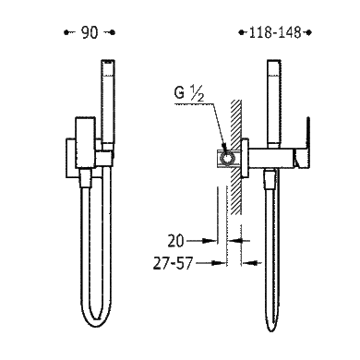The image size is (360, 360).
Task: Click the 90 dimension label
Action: pyautogui.click(x=90, y=32)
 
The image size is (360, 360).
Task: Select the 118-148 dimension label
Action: pyautogui.click(x=275, y=32)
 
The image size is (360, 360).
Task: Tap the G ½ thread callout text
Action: pyautogui.click(x=189, y=93)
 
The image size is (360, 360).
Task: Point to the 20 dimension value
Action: pyautogui.click(x=175, y=241)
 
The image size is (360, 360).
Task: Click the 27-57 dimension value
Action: pyautogui.click(x=173, y=264)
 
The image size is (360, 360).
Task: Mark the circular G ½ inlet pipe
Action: pyautogui.click(x=227, y=159)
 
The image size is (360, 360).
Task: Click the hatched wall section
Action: pyautogui.click(x=236, y=157)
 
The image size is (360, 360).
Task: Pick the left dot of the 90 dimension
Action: pyautogui.click(x=66, y=32)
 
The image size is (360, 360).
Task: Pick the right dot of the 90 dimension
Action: pyautogui.click(x=113, y=32)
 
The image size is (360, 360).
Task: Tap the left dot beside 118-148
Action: pyautogui.click(x=242, y=32)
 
